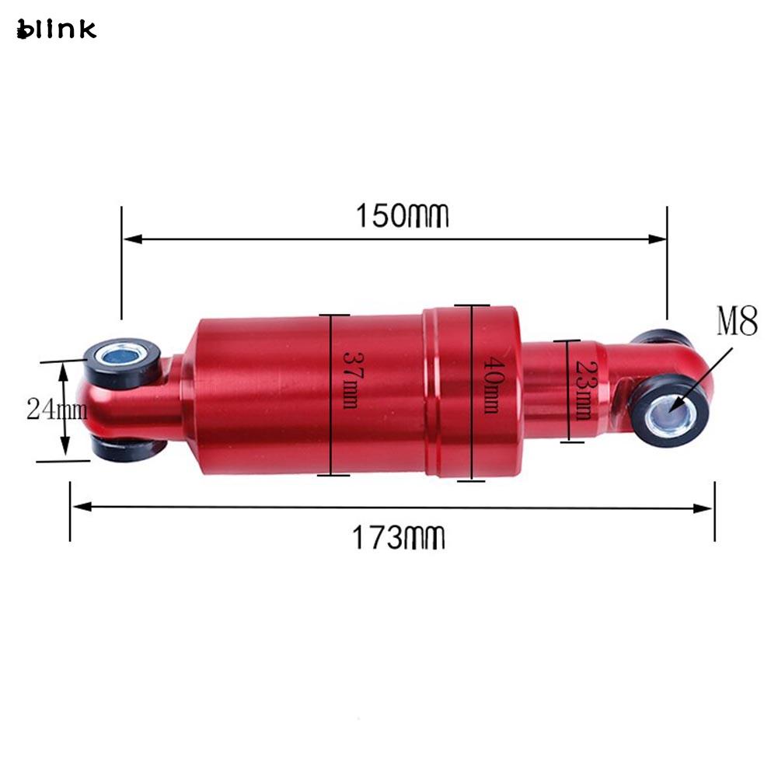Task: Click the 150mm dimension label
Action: click(x=402, y=216)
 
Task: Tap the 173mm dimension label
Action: click(x=399, y=537)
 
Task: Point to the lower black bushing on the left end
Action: click(x=128, y=449)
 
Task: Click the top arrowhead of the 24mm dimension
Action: click(x=66, y=369)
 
